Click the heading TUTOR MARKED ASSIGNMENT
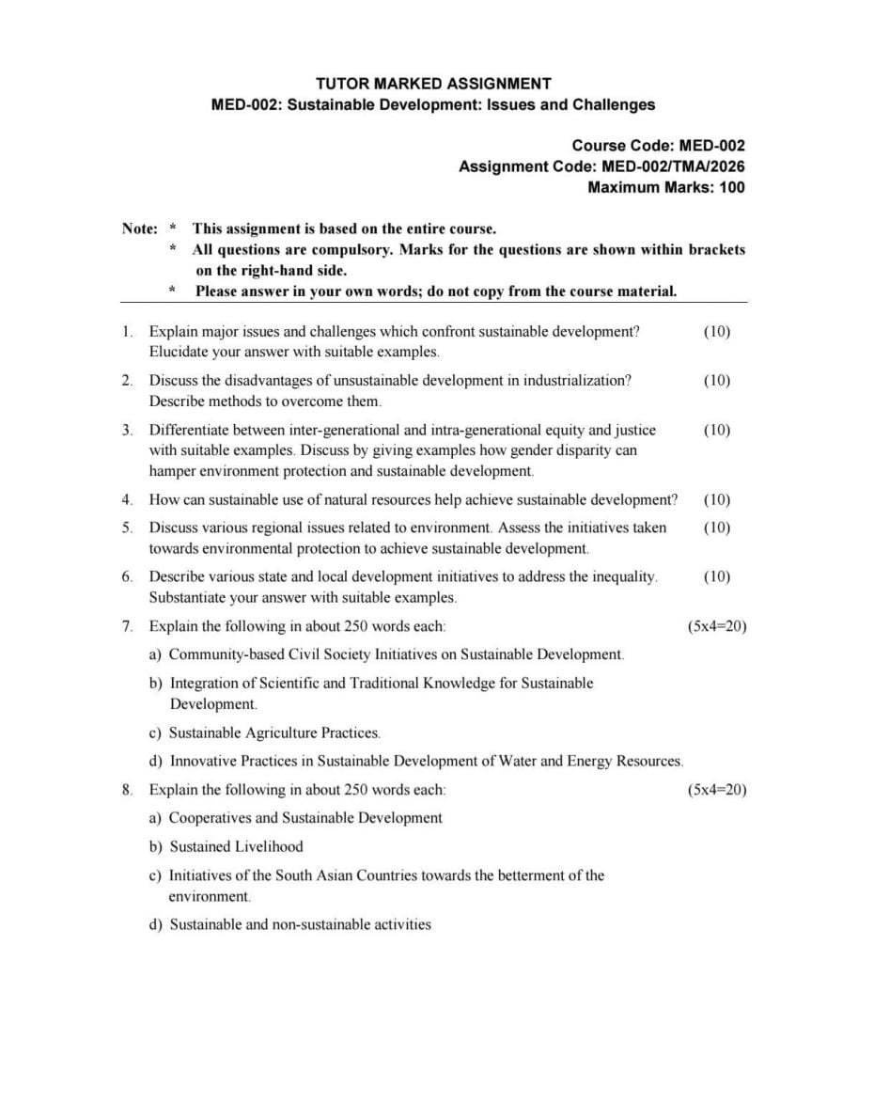[x=433, y=84]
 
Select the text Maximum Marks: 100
[x=665, y=187]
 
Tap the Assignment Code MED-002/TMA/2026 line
[x=601, y=166]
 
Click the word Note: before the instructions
[x=140, y=228]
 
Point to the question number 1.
[x=126, y=332]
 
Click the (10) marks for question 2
[x=716, y=381]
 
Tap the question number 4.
[x=126, y=499]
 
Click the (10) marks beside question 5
[x=716, y=528]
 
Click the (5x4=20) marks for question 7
[x=717, y=626]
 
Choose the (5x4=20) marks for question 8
[x=717, y=790]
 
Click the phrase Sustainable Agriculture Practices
[x=274, y=732]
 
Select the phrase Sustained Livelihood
[x=236, y=846]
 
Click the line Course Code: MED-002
[x=658, y=146]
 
